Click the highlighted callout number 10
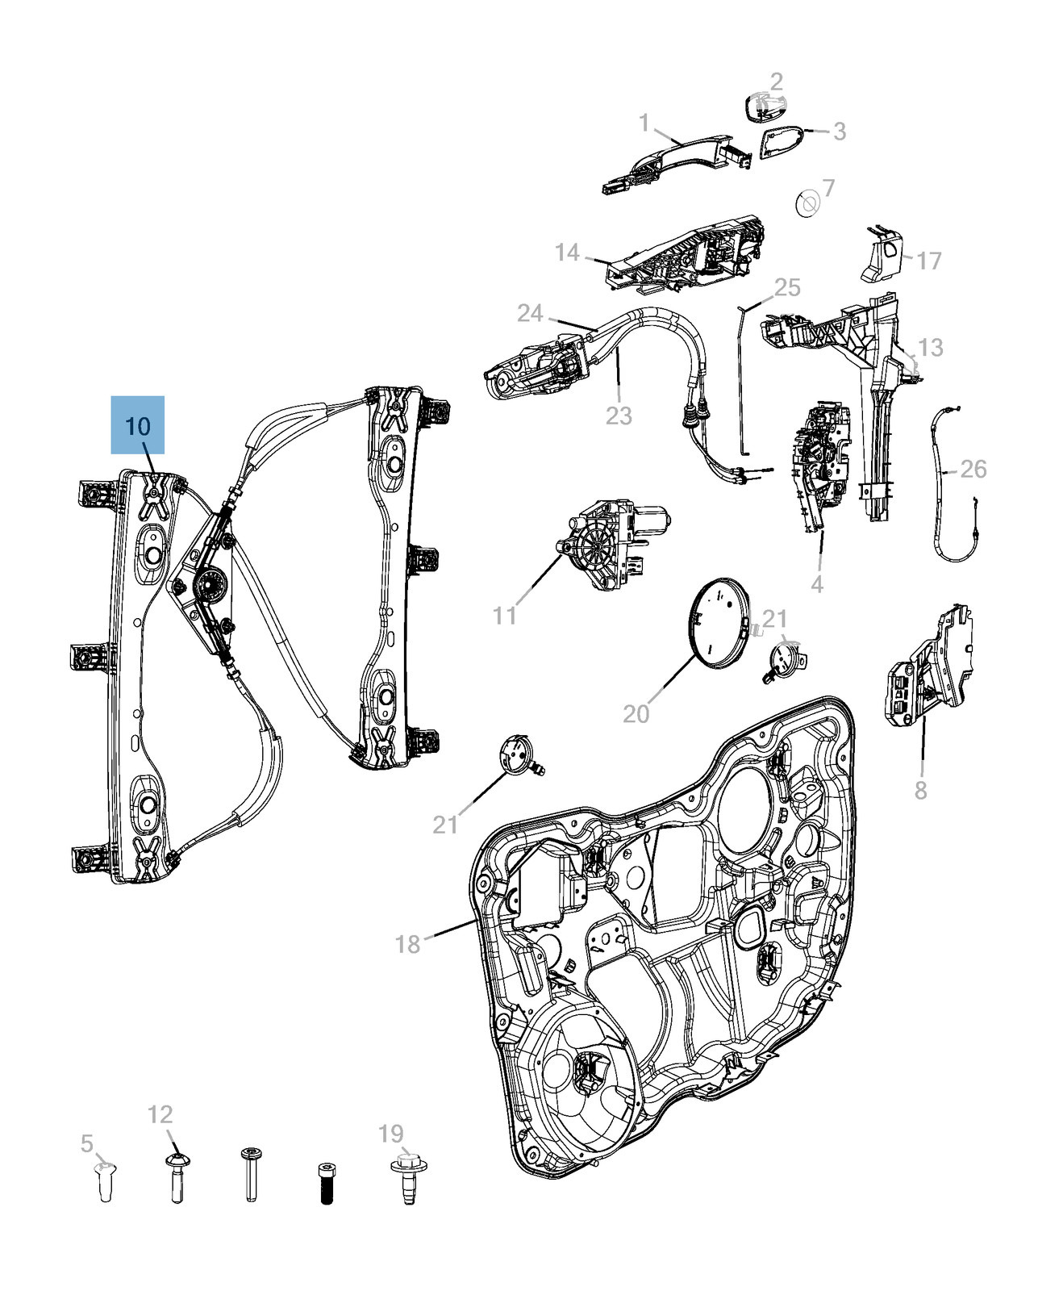(x=138, y=425)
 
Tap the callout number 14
(x=567, y=253)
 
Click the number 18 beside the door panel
(x=408, y=943)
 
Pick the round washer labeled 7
(x=807, y=203)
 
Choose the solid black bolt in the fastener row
(x=326, y=1183)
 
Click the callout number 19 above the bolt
(x=391, y=1134)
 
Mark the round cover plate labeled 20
(x=719, y=623)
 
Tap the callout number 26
(x=973, y=469)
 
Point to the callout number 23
(x=619, y=416)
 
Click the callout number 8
(x=921, y=790)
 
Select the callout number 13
(x=930, y=347)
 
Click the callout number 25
(x=787, y=287)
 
